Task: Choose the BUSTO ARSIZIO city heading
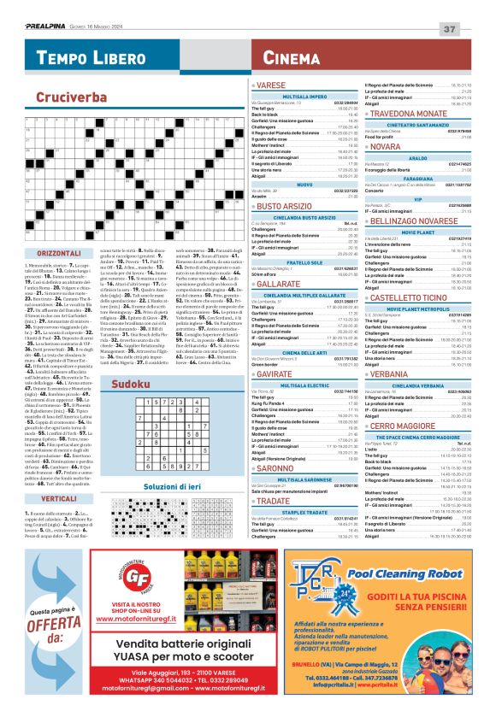[287, 207]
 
